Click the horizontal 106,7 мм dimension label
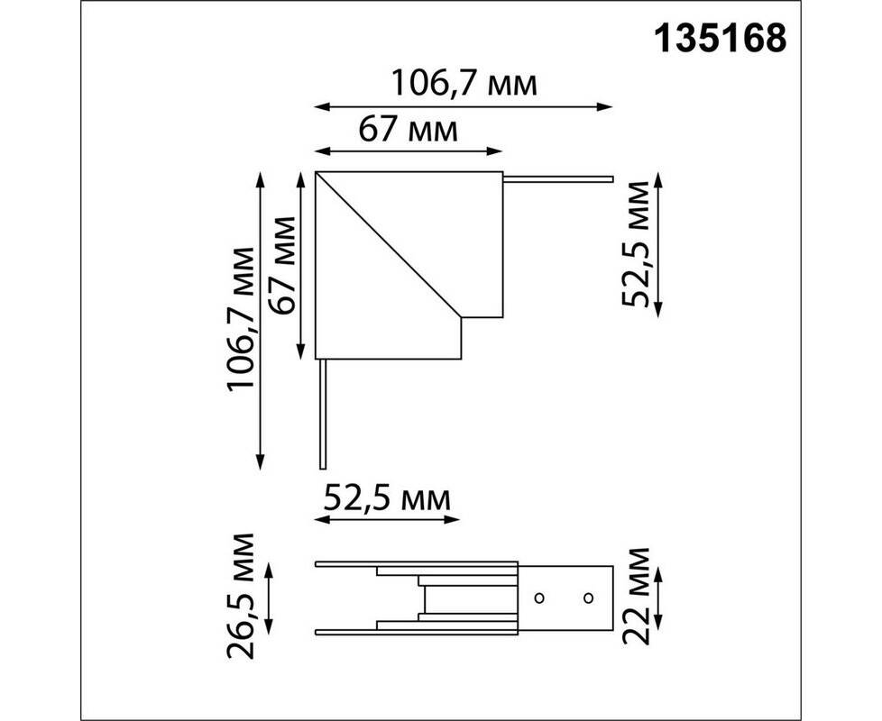[464, 84]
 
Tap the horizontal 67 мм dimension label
[408, 131]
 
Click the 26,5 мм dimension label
[241, 596]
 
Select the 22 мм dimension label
[636, 597]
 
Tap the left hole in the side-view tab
[539, 598]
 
